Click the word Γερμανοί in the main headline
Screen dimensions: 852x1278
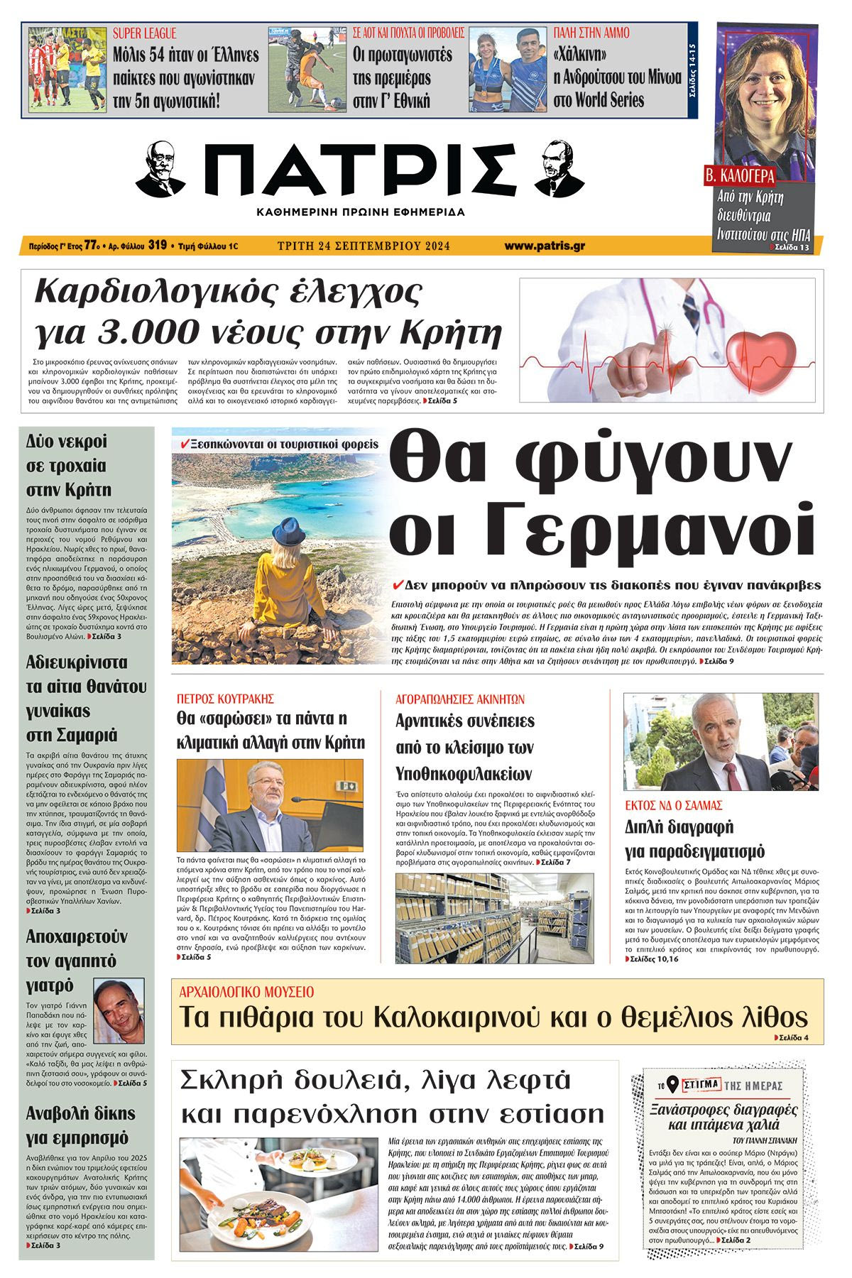603,529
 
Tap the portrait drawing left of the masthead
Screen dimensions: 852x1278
160,169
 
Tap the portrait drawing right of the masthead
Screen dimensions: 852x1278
557,168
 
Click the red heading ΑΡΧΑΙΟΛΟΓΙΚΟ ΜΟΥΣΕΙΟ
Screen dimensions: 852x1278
246,992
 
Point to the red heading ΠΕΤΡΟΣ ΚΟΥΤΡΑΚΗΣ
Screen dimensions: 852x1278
225,699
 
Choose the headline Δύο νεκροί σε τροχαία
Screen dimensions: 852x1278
69,466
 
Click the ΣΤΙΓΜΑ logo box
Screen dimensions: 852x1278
700,1085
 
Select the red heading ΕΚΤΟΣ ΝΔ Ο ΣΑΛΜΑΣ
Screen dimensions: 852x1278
673,805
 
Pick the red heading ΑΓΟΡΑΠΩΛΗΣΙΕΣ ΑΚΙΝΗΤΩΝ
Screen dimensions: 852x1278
459,699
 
